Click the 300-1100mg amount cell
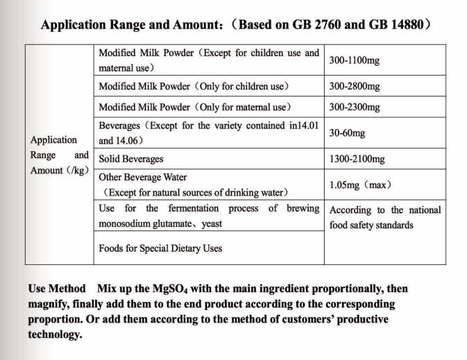click(x=354, y=60)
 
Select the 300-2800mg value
click(x=354, y=87)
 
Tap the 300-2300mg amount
click(x=354, y=107)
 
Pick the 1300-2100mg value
click(x=357, y=159)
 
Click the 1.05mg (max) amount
click(x=361, y=185)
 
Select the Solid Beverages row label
click(x=131, y=159)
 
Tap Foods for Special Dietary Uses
click(x=160, y=248)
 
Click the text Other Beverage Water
click(x=143, y=177)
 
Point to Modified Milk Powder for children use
click(x=194, y=87)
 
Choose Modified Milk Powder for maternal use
click(x=194, y=107)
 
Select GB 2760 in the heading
click(x=314, y=26)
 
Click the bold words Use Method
click(x=56, y=289)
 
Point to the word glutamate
click(x=173, y=224)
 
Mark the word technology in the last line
click(x=55, y=334)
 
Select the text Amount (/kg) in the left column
click(x=59, y=171)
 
